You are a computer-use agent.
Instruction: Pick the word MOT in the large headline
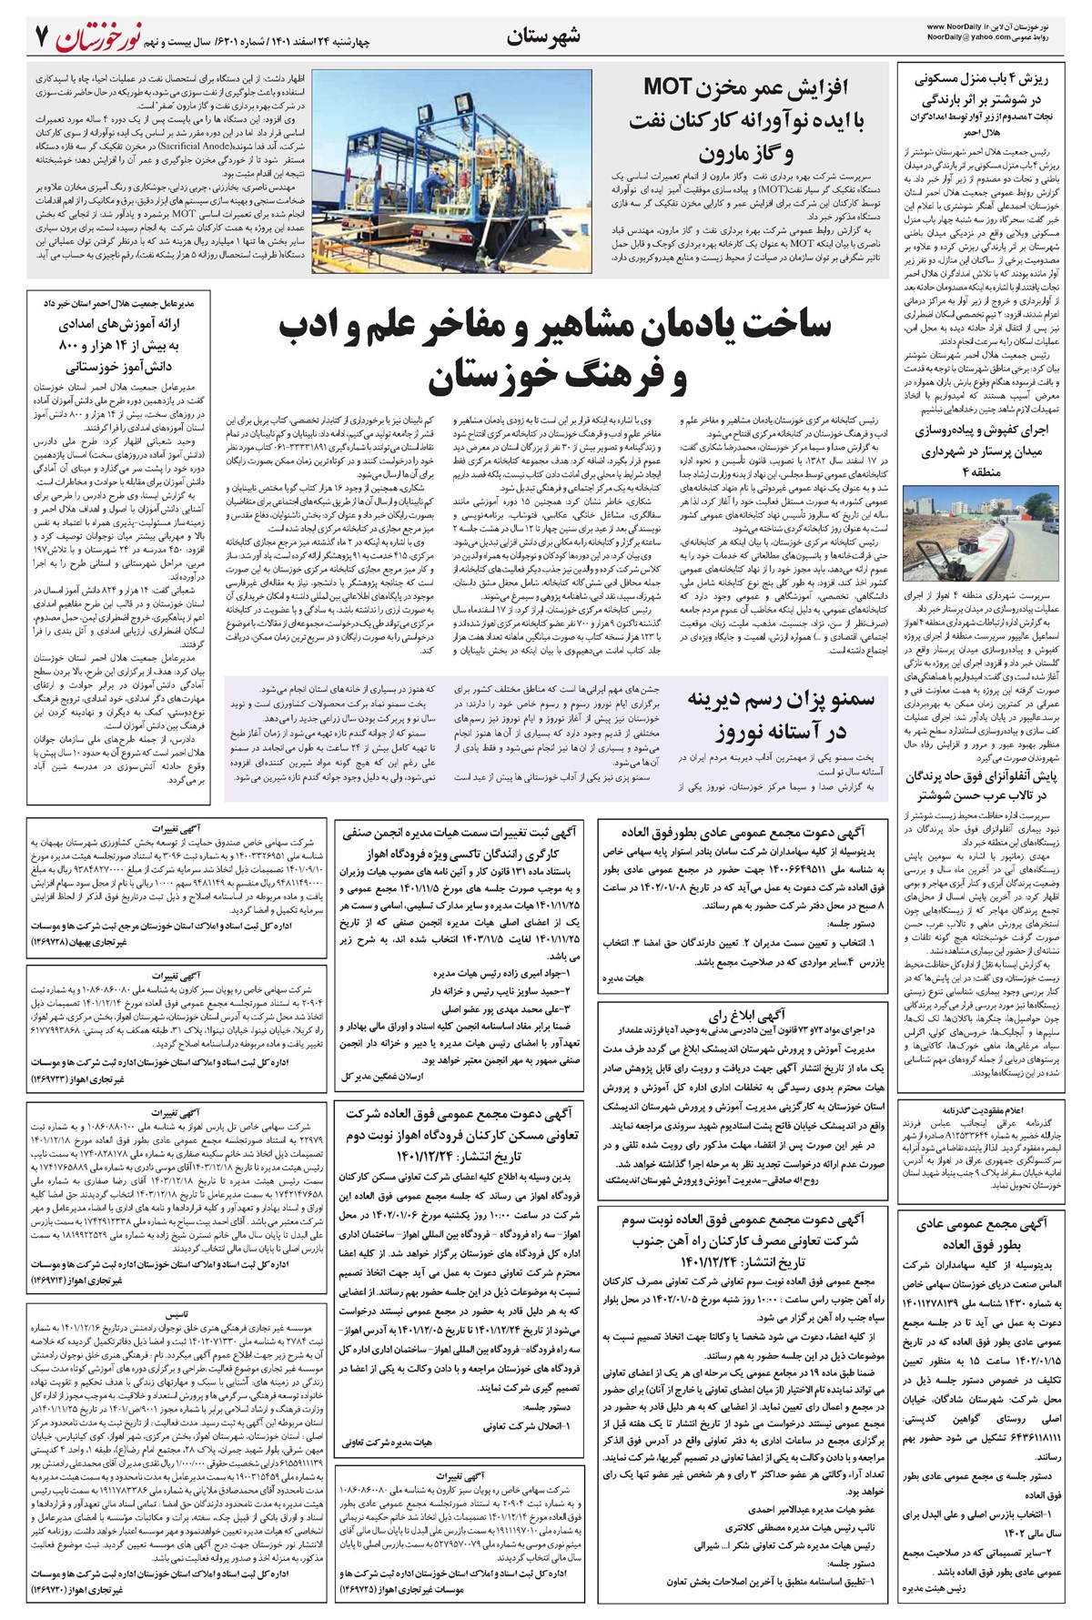click(x=674, y=87)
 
